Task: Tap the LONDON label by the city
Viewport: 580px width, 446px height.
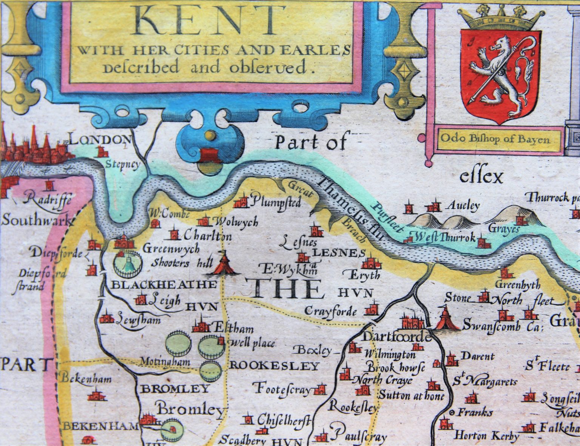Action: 100,140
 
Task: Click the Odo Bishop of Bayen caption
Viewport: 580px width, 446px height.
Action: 494,139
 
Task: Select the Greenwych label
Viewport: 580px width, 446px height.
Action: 170,249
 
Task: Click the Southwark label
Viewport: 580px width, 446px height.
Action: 36,220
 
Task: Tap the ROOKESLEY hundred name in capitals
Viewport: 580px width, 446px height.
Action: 275,366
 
